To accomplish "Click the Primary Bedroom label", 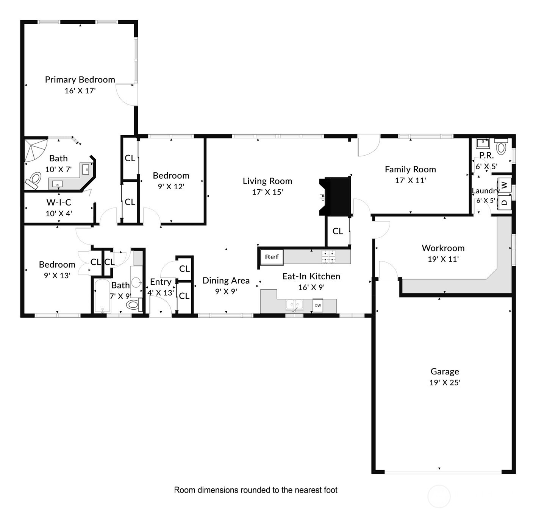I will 80,80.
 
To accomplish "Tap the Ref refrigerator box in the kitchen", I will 272,257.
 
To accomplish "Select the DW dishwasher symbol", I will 317,306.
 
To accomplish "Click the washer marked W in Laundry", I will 504,185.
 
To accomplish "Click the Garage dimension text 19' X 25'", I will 444,382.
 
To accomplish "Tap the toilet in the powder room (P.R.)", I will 501,147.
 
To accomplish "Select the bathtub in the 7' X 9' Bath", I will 102,296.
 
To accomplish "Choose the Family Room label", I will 410,169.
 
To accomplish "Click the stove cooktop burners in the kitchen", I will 328,257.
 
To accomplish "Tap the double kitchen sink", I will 294,304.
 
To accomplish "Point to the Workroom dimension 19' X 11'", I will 443,259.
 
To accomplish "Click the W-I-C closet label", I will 59,203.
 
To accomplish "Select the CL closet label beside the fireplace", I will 338,231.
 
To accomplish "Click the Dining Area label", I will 226,281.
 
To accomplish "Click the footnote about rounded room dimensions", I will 256,490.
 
